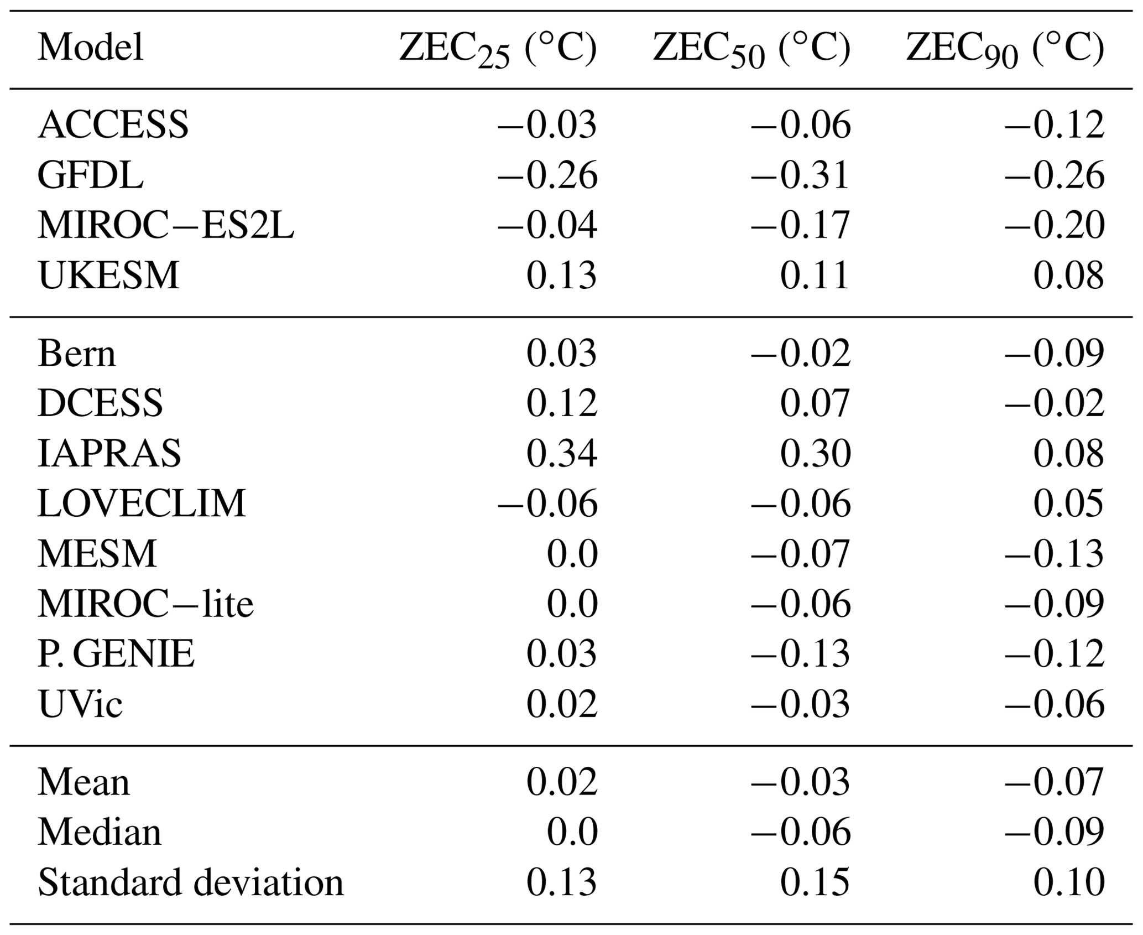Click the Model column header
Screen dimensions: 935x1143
coord(91,48)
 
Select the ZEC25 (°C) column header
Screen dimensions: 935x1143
coord(498,50)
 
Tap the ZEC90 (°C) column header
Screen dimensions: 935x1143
coord(1005,50)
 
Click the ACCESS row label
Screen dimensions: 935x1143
coord(113,125)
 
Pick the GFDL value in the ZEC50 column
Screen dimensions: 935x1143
coord(800,175)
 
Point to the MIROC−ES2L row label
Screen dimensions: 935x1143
coord(166,226)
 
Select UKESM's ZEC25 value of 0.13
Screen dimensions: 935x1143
coord(561,276)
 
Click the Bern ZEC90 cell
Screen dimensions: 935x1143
coord(1054,354)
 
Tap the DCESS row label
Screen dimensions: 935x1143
coord(100,403)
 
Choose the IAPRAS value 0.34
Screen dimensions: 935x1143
coord(561,454)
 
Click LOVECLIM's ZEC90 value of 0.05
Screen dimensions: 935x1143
coord(1068,503)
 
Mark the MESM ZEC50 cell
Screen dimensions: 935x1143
coord(800,554)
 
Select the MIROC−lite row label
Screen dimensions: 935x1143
coord(145,604)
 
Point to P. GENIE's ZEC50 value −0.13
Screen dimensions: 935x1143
coord(800,654)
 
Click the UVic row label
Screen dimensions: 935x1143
coord(80,704)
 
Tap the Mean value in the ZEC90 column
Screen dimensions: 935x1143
coord(1054,782)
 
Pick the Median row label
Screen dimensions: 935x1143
coord(100,832)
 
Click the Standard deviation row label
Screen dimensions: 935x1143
coord(191,882)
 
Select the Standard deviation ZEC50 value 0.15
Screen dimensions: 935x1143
coord(815,882)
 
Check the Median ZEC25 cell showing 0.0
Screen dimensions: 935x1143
coord(572,832)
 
